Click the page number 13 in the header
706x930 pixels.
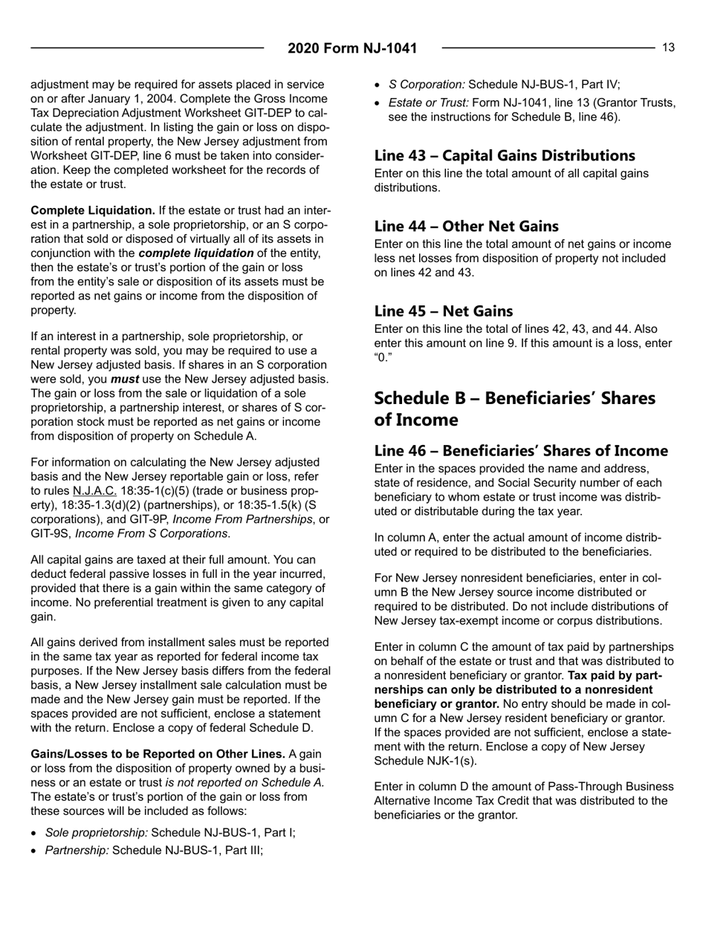[668, 48]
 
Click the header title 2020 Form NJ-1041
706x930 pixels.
[352, 49]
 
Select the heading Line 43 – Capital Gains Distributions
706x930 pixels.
[504, 156]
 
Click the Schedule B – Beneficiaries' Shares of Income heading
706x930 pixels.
[514, 409]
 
